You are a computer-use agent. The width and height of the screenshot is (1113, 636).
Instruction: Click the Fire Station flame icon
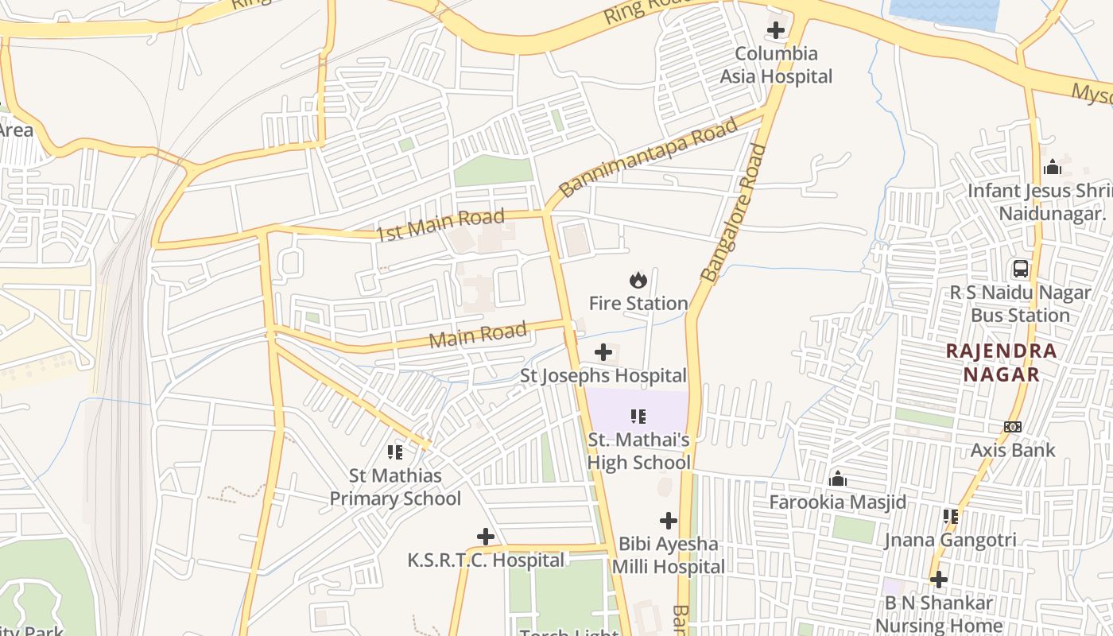pyautogui.click(x=638, y=280)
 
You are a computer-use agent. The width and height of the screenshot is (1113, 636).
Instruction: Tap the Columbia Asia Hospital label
pyautogui.click(x=776, y=65)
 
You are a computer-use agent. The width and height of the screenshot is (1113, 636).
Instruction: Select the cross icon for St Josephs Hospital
pyautogui.click(x=603, y=351)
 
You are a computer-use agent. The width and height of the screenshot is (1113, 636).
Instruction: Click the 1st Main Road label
pyautogui.click(x=440, y=225)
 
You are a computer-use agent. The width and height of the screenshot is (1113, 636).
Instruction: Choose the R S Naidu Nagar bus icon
pyautogui.click(x=1021, y=269)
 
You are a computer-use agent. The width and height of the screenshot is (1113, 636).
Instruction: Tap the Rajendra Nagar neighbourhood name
pyautogui.click(x=1001, y=363)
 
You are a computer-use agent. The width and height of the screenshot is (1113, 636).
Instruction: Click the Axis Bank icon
pyautogui.click(x=1012, y=427)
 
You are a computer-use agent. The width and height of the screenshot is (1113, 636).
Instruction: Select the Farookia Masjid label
pyautogui.click(x=837, y=502)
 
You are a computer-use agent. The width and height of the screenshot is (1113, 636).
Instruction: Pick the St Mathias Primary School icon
pyautogui.click(x=395, y=452)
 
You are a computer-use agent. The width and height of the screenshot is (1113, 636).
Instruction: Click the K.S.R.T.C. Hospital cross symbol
pyautogui.click(x=486, y=537)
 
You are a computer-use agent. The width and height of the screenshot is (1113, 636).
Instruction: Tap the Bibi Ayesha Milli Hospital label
pyautogui.click(x=668, y=556)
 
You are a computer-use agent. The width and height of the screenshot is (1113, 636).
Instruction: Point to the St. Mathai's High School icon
pyautogui.click(x=638, y=416)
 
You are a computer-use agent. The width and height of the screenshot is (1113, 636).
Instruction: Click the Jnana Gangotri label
pyautogui.click(x=950, y=541)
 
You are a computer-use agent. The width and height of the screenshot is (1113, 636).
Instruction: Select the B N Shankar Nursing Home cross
pyautogui.click(x=939, y=580)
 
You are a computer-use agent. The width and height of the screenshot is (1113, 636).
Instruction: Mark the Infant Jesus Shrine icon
pyautogui.click(x=1053, y=167)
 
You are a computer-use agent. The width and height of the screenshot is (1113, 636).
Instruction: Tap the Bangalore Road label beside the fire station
pyautogui.click(x=735, y=213)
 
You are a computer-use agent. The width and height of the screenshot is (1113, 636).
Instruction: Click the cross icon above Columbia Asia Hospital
pyautogui.click(x=775, y=30)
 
